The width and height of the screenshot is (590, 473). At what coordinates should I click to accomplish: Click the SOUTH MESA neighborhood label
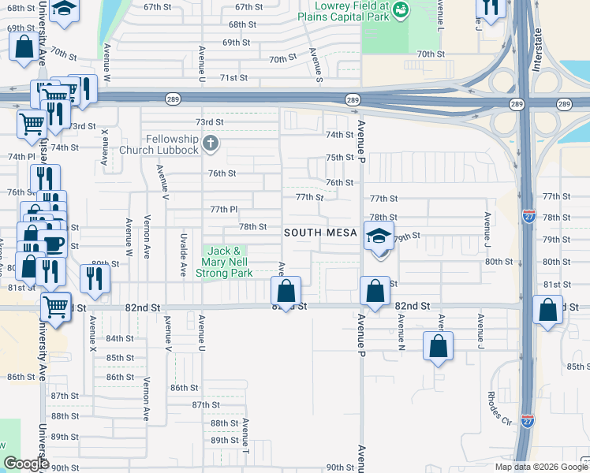(320, 233)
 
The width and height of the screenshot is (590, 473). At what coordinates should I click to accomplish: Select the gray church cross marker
(210, 143)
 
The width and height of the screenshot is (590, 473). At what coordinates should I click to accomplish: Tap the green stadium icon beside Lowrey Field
(401, 9)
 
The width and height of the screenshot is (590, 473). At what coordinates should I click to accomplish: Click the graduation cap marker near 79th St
(379, 236)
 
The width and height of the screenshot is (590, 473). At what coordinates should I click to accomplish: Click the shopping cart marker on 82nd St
(55, 306)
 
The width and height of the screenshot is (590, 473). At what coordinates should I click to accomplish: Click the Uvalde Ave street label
(183, 257)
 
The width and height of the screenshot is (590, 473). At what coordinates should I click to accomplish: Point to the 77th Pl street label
(224, 209)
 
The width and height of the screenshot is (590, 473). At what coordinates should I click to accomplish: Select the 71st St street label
(233, 78)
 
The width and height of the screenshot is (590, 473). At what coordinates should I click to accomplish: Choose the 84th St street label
(121, 338)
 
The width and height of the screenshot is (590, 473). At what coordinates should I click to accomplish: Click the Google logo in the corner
(25, 464)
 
